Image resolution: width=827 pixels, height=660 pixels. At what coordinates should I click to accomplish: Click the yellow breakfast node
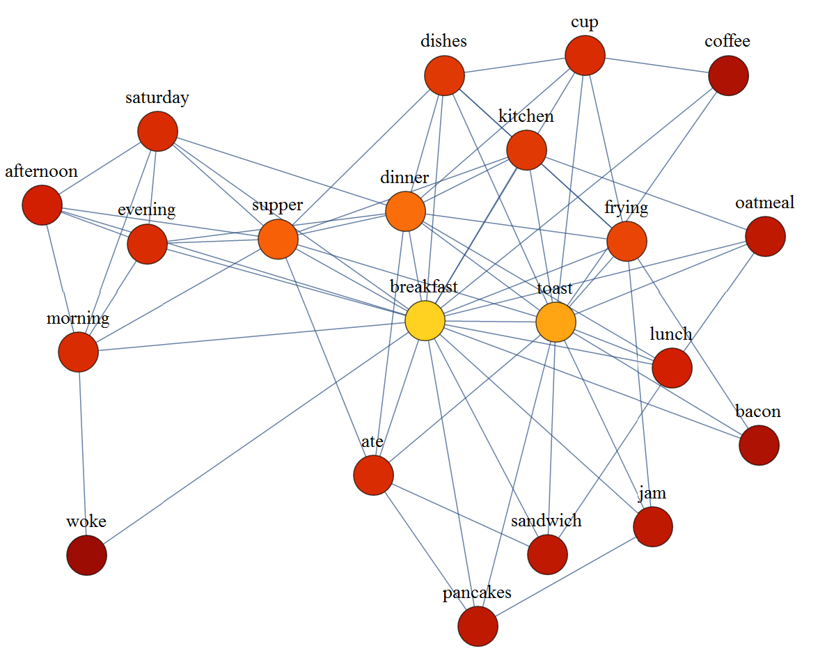tap(425, 322)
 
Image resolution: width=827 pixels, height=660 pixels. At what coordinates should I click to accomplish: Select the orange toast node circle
tap(556, 322)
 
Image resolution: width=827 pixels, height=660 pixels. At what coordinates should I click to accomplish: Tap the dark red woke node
tap(86, 555)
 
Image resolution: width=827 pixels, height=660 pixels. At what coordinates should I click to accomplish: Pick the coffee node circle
tap(728, 75)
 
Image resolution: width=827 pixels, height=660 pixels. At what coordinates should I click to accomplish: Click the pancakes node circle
tap(478, 626)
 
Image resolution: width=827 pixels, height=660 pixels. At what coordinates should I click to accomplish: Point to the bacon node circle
tap(759, 445)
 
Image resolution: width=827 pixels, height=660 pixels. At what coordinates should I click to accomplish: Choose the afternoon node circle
tap(42, 205)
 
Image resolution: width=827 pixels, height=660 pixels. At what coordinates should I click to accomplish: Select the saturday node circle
tap(158, 131)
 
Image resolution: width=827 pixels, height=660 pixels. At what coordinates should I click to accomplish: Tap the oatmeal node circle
tap(765, 237)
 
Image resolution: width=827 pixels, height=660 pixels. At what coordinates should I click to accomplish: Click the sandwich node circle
tap(547, 554)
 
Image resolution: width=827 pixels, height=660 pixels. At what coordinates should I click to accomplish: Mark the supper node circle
tap(278, 239)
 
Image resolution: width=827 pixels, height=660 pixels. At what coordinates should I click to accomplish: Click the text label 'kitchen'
tap(526, 116)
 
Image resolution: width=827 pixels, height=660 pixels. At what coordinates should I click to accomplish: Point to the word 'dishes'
tap(443, 41)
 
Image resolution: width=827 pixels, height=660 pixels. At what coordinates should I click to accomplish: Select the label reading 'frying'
tap(626, 207)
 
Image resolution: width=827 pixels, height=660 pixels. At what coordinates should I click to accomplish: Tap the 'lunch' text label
tap(670, 334)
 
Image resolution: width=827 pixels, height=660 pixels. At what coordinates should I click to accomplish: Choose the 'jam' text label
tap(652, 494)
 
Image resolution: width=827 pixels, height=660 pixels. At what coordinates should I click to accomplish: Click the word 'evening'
tap(146, 210)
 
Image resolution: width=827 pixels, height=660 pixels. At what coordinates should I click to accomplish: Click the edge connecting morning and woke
tap(82, 453)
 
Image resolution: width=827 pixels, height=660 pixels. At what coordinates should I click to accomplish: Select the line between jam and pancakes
tap(565, 576)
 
